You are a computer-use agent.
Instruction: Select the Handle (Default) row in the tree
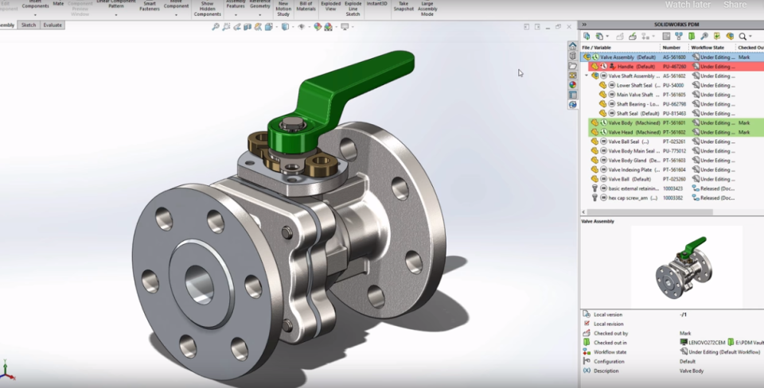coord(636,67)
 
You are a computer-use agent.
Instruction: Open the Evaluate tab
coord(53,25)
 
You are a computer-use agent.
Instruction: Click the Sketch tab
coord(29,25)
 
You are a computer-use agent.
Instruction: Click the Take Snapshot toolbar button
coord(403,6)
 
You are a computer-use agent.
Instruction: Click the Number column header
coord(672,48)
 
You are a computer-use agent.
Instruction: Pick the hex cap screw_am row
coord(633,198)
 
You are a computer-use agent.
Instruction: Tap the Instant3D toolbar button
coord(377,4)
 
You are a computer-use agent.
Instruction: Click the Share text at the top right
coord(735,5)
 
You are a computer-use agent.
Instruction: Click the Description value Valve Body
coord(693,370)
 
